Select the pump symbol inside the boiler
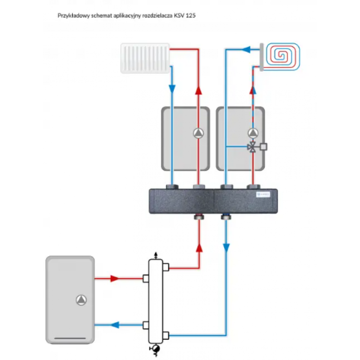81,299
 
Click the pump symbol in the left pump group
198,133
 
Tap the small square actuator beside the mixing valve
264,146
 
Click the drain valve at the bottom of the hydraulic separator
156,349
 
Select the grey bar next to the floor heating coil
261,56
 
